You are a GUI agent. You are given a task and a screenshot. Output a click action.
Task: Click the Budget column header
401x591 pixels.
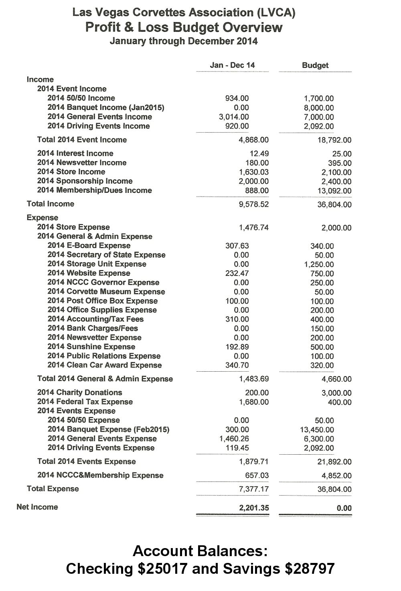point(315,65)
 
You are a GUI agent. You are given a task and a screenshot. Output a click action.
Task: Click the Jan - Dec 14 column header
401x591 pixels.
point(232,65)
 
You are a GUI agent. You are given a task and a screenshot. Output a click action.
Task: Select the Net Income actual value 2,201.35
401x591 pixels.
point(254,508)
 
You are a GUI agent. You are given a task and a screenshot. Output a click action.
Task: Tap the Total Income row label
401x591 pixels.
point(51,204)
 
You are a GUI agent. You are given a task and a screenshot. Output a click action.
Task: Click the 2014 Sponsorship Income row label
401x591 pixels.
point(85,181)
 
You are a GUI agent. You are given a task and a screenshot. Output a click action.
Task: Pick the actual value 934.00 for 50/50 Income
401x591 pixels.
point(237,98)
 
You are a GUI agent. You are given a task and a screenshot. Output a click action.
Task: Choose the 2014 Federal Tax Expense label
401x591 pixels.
point(85,402)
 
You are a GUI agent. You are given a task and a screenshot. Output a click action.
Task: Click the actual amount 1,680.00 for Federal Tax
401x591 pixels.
point(254,402)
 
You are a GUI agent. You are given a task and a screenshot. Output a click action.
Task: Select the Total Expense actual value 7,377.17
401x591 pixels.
point(254,489)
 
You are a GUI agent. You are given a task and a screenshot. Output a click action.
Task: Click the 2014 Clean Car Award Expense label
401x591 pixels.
point(104,365)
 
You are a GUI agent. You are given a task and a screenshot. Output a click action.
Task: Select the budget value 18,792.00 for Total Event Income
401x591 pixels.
point(334,140)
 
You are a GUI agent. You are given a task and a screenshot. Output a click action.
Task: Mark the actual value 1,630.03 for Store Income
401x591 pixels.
point(254,172)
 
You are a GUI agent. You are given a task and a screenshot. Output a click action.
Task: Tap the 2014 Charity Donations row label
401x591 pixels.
point(79,393)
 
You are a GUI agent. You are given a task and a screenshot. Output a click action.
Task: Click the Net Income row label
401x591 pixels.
point(37,507)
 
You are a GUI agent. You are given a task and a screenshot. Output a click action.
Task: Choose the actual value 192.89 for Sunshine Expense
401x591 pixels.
point(237,347)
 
